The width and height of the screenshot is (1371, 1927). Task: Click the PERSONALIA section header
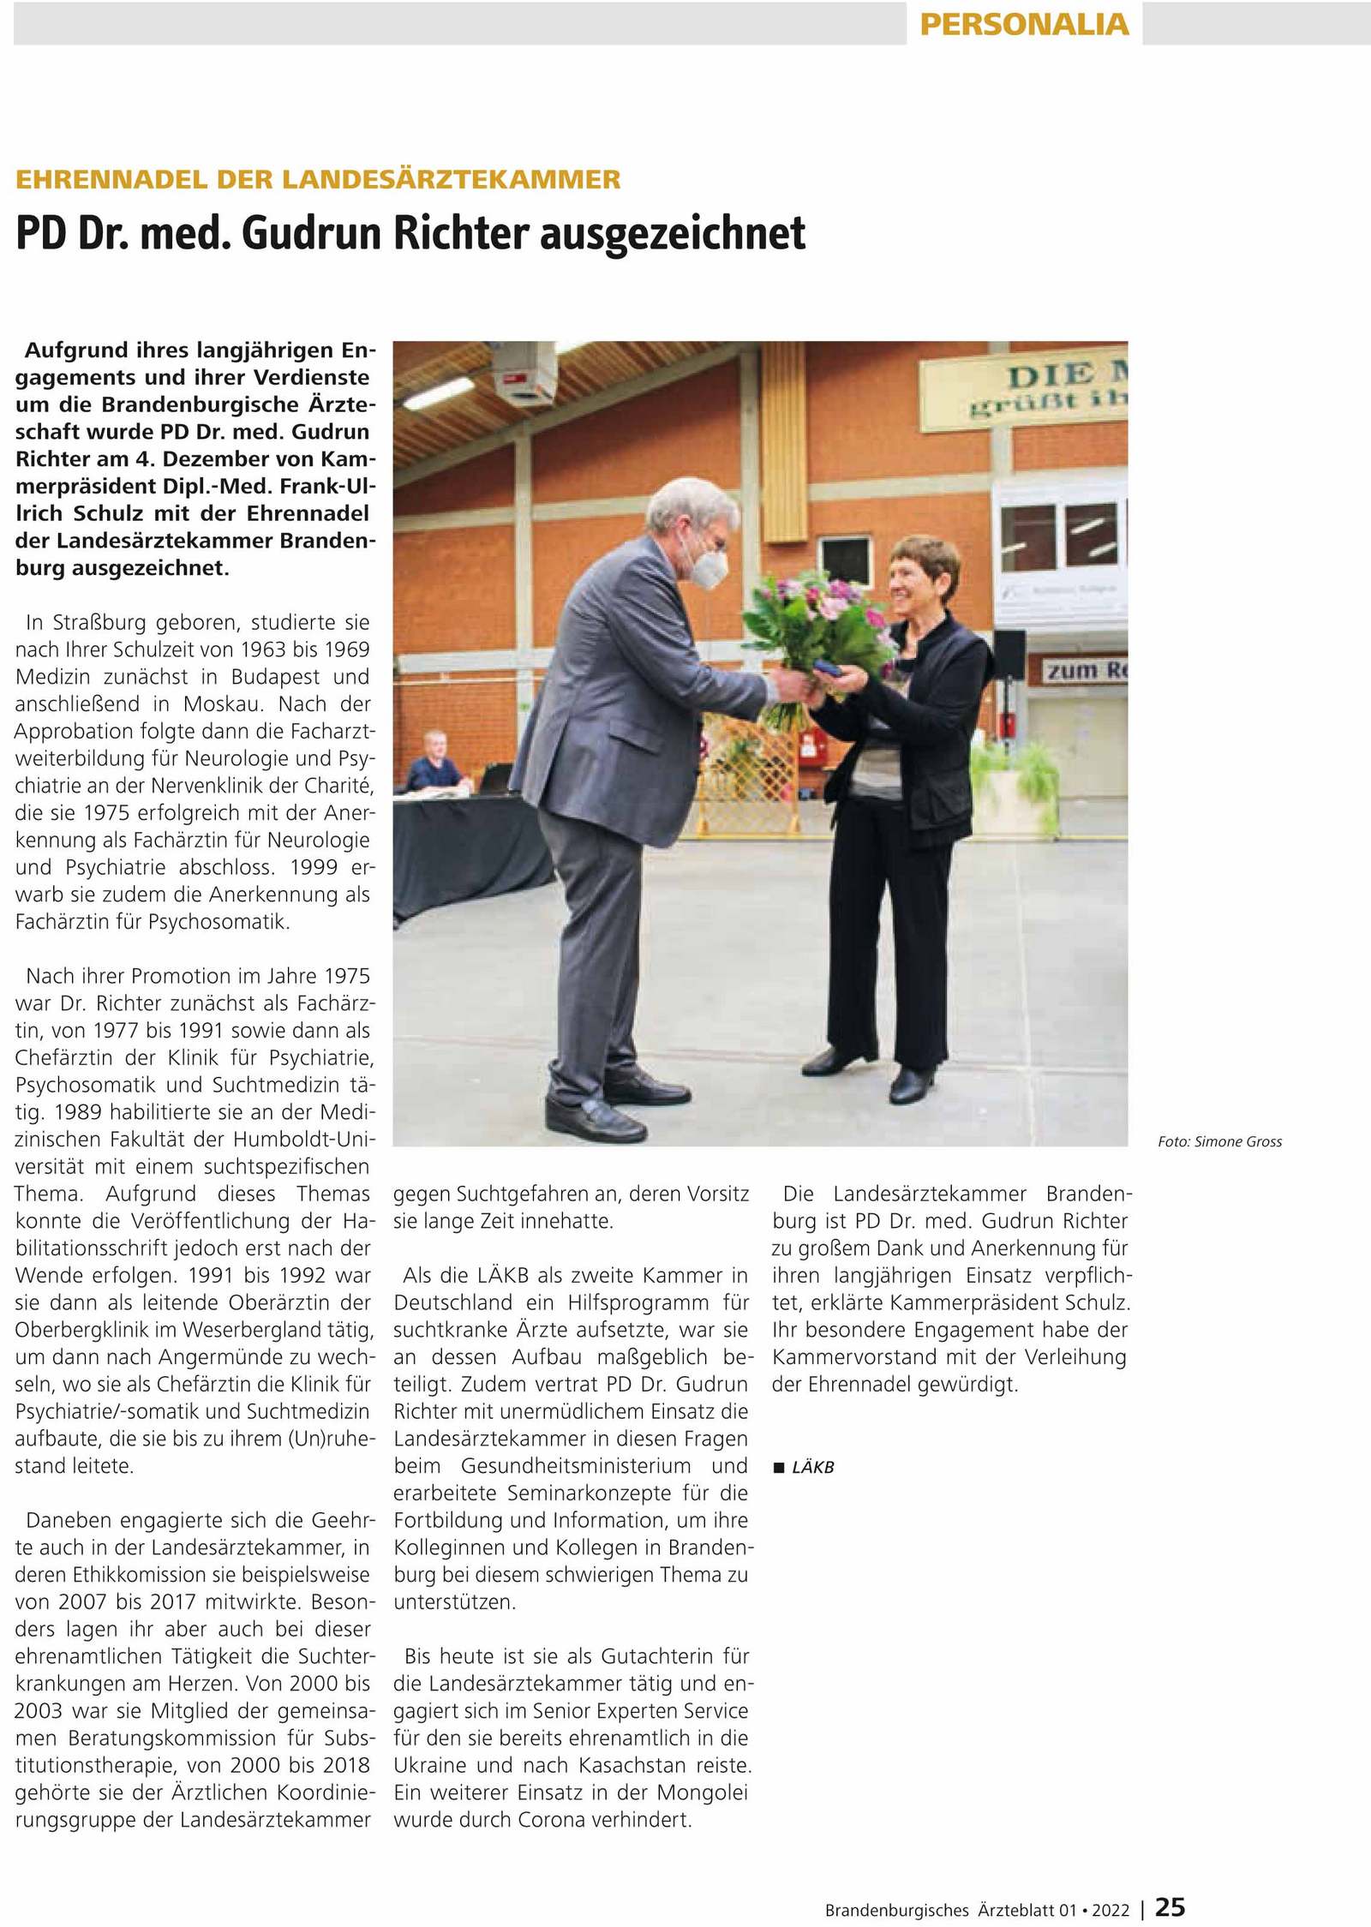click(x=1024, y=24)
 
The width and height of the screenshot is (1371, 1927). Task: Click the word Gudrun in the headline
click(x=314, y=234)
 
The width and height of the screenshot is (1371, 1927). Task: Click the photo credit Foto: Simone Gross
click(x=1219, y=1141)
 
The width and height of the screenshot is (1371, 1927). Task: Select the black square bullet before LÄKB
click(x=779, y=1468)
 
